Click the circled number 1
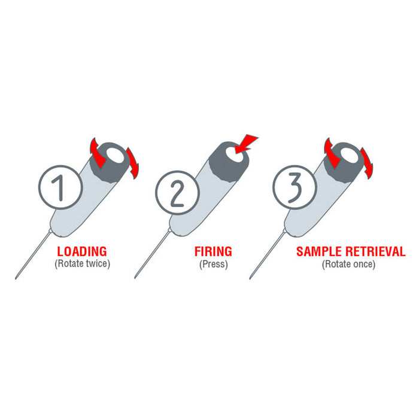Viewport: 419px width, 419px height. click(60, 187)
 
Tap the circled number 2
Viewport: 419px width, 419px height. click(177, 192)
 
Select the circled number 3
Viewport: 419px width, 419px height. click(294, 187)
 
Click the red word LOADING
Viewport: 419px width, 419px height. click(82, 251)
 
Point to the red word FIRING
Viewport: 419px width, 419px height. click(213, 251)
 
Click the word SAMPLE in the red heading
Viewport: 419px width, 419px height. click(319, 251)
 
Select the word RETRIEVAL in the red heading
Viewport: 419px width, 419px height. click(375, 251)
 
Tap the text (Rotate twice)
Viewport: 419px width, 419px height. click(83, 263)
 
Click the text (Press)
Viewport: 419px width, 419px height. click(214, 264)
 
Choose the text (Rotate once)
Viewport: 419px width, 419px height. click(348, 264)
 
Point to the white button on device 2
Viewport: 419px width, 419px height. click(233, 154)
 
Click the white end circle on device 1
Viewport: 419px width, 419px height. click(115, 155)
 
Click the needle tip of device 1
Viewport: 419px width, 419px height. click(16, 278)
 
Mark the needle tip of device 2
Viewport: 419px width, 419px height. click(135, 277)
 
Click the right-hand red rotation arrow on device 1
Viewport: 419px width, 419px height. click(133, 163)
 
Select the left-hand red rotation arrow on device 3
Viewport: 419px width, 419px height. click(332, 154)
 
